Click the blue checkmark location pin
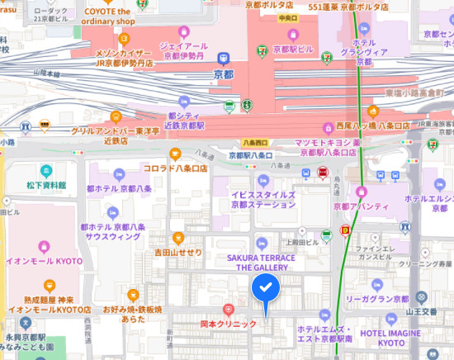pyautogui.click(x=265, y=288)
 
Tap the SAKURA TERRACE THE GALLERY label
pyautogui.click(x=262, y=263)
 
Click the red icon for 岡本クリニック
pyautogui.click(x=229, y=310)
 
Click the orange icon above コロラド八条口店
pyautogui.click(x=175, y=154)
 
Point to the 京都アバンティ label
pyautogui.click(x=362, y=205)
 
